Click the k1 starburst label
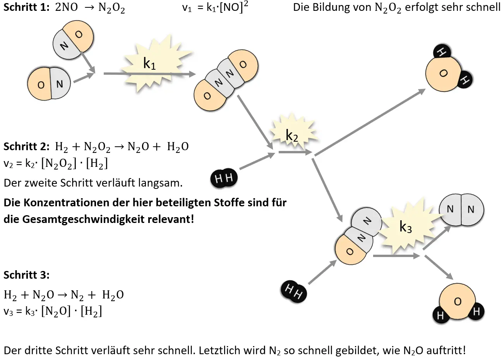149,63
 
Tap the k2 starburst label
292,135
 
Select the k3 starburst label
406,228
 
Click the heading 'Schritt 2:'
26,146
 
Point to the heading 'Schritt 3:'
26,275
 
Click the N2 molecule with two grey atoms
461,210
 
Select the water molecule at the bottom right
458,304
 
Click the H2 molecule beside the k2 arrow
224,178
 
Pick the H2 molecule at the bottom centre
293,291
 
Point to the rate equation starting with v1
215,7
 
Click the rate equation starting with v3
53,311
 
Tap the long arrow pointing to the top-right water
370,122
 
